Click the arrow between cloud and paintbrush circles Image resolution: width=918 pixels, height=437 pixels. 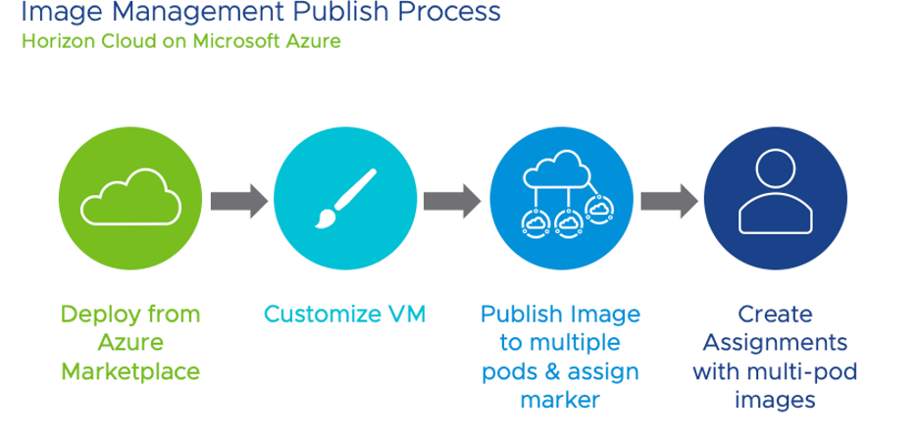[x=238, y=201]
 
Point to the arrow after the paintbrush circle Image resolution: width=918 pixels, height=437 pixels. [x=451, y=201]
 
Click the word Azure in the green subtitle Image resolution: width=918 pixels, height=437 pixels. [x=313, y=43]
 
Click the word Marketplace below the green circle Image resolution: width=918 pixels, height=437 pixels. [x=130, y=371]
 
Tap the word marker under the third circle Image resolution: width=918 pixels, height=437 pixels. [x=559, y=400]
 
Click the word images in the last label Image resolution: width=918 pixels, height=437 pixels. [x=775, y=400]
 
